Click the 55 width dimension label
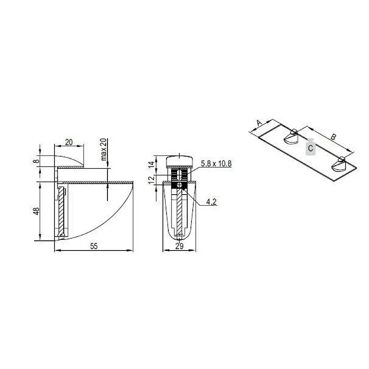coord(94,246)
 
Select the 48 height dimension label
coord(36,211)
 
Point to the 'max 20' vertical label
coord(103,149)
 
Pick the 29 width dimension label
coord(180,246)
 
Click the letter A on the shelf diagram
coord(259,123)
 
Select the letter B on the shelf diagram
coord(333,137)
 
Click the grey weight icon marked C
coord(311,148)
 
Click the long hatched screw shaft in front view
coord(180,212)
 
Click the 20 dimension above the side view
coord(69,143)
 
